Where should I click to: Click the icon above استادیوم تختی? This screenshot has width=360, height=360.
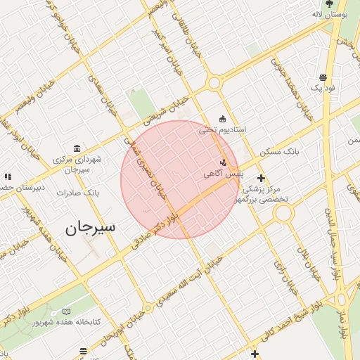pos(223,118)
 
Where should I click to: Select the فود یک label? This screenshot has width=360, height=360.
pos(323,89)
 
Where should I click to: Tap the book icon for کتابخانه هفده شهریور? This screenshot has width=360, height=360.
pos(67,311)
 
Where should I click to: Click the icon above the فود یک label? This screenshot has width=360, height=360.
pos(323,77)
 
